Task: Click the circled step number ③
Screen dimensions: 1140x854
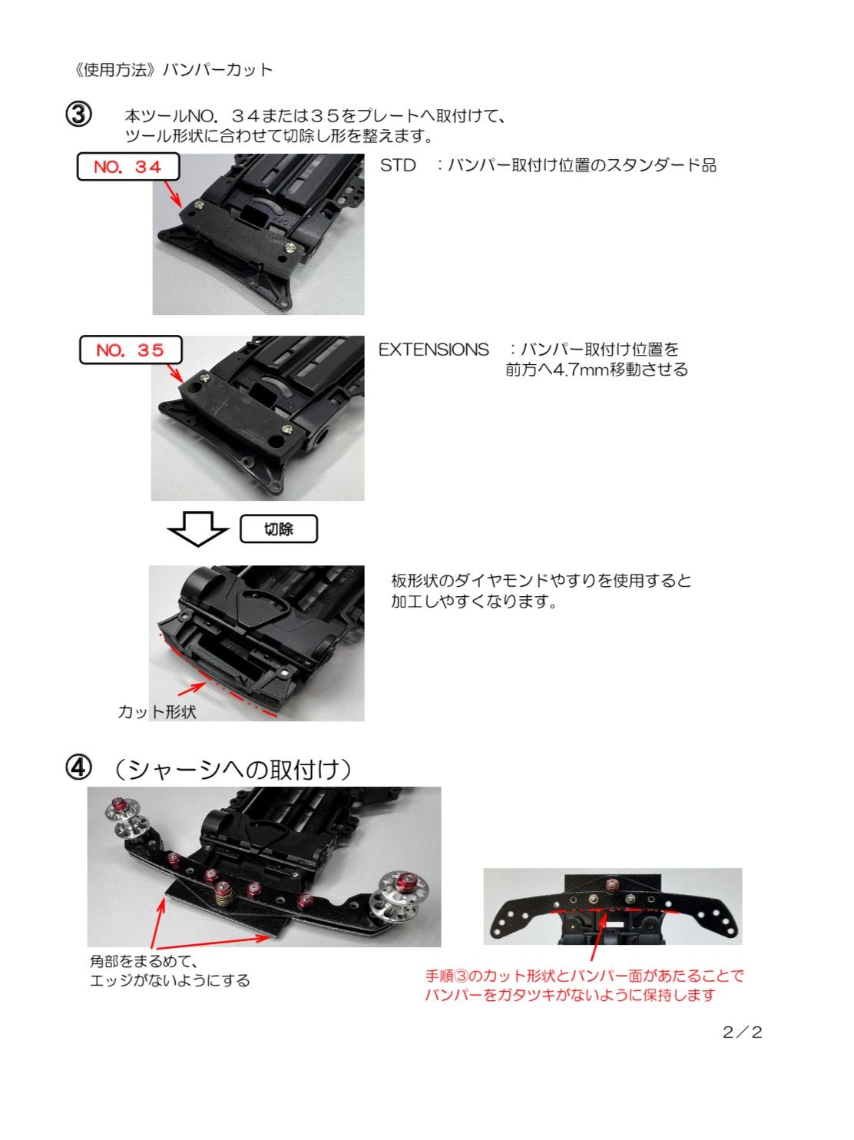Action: (x=78, y=114)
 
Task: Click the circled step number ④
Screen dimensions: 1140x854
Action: (x=78, y=767)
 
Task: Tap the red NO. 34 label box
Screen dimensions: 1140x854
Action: (x=127, y=167)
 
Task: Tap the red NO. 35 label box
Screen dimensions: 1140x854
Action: (x=131, y=350)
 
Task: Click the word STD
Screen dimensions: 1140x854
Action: (x=398, y=166)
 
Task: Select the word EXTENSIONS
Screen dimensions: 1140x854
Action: (x=433, y=350)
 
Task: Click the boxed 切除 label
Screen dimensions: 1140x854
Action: (x=278, y=529)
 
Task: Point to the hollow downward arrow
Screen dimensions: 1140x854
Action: (x=198, y=529)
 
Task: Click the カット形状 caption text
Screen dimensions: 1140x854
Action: (x=157, y=712)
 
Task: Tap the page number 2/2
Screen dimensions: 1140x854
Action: (x=742, y=1032)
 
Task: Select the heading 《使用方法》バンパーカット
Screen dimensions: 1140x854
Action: (x=172, y=70)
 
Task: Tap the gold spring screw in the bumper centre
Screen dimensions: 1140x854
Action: (x=223, y=894)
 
